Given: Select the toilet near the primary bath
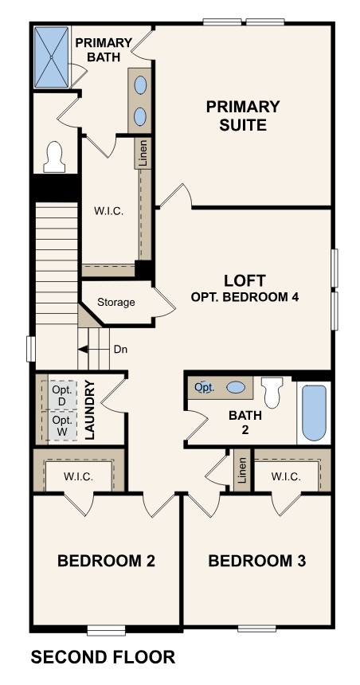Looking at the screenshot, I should (55, 157).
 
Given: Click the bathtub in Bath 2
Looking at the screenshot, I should (314, 413).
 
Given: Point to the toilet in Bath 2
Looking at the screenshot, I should (272, 391).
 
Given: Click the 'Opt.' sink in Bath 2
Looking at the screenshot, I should (205, 387).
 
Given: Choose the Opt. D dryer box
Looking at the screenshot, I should (62, 394).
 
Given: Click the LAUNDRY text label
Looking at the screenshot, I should (90, 410).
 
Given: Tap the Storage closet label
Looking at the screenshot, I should (116, 303).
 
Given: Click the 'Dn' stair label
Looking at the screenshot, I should (120, 349).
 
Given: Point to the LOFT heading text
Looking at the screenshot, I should (245, 280).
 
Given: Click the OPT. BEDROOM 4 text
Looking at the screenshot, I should (245, 297).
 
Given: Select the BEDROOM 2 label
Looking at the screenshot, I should (106, 561).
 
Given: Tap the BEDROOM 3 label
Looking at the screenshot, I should (256, 561).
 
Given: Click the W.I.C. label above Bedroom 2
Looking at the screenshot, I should (78, 476).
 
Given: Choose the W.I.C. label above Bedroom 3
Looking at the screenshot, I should (284, 476).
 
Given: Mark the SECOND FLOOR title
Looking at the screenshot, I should (102, 657).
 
